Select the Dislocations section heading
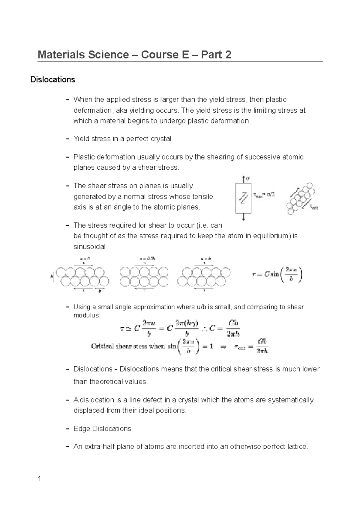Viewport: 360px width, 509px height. [53, 80]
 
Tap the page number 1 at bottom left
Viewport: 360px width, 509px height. [39, 479]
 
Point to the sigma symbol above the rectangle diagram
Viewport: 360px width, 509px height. [248, 178]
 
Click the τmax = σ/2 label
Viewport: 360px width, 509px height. [264, 195]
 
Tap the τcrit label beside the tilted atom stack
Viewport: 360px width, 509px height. [314, 207]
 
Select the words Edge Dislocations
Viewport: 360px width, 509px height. [102, 429]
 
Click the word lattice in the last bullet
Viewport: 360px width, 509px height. [297, 447]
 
